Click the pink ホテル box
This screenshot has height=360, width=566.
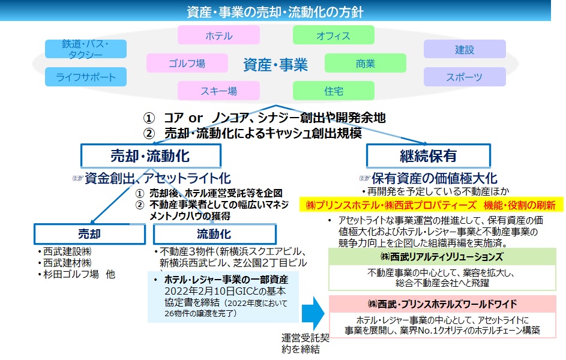click(x=218, y=35)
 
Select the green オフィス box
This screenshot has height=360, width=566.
click(x=333, y=35)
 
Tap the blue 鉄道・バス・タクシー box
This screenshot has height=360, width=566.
click(x=86, y=49)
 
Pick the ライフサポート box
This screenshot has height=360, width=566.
click(x=86, y=76)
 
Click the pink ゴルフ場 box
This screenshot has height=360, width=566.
click(x=187, y=63)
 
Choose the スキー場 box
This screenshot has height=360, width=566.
click(x=218, y=91)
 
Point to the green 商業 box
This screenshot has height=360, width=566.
click(x=366, y=63)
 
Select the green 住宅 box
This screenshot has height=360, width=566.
click(x=333, y=91)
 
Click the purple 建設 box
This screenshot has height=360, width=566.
click(x=465, y=49)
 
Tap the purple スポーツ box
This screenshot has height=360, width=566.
click(x=465, y=76)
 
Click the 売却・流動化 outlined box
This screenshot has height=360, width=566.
click(x=151, y=156)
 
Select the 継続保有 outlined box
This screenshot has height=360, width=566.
click(x=429, y=156)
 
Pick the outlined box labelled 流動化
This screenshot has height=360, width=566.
click(x=215, y=234)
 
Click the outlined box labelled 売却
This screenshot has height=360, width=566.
click(x=89, y=234)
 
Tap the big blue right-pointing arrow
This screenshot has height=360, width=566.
click(x=313, y=313)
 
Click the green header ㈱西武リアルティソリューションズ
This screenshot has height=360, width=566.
click(x=442, y=256)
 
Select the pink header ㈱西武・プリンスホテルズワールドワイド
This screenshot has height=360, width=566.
click(x=442, y=304)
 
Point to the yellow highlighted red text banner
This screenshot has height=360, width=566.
click(x=432, y=205)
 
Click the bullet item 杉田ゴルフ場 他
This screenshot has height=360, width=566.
click(x=76, y=274)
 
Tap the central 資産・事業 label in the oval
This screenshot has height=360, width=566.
click(x=275, y=65)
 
